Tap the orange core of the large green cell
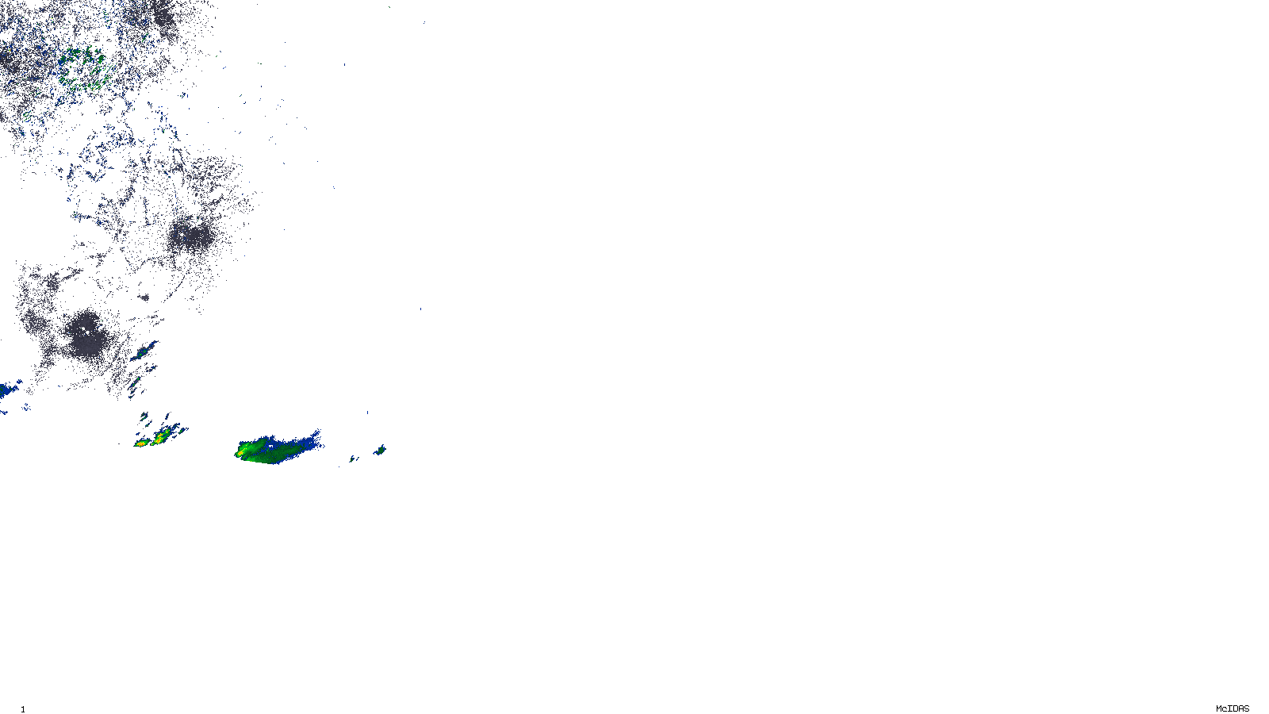(240, 453)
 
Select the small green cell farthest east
(380, 450)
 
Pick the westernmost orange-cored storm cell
(141, 443)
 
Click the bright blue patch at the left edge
(10, 390)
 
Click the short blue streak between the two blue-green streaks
(141, 369)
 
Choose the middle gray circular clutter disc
(190, 235)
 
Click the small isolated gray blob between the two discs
(144, 297)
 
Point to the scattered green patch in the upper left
(79, 63)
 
